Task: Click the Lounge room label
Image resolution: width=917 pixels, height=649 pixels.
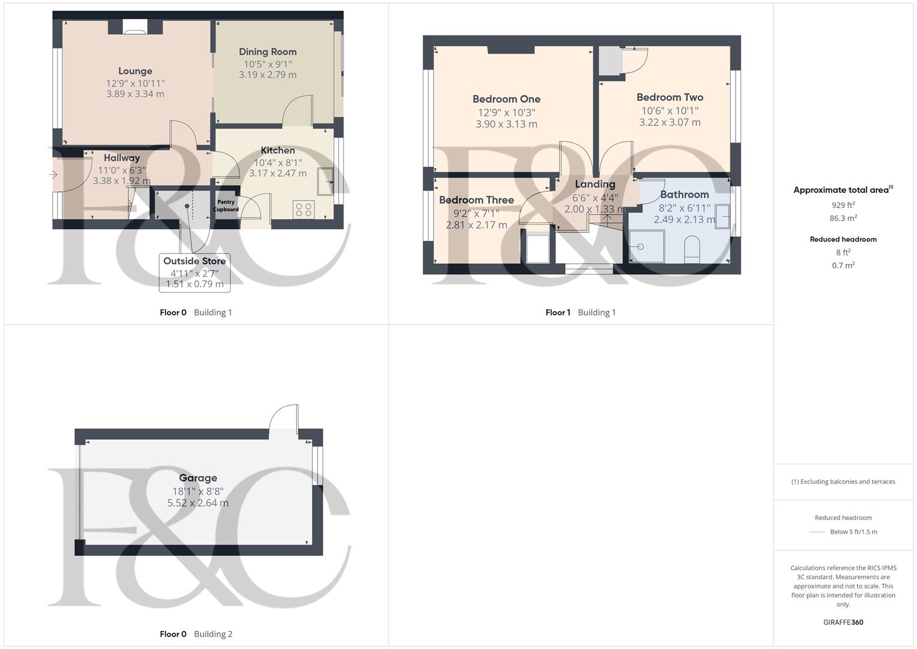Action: point(135,71)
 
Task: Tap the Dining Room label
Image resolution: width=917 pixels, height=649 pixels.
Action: point(267,52)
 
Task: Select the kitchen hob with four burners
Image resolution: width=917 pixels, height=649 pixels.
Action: point(304,209)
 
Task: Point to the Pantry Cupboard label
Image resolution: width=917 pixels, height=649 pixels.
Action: point(226,206)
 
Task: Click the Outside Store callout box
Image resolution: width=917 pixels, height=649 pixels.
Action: point(195,273)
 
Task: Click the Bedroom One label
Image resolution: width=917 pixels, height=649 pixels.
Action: point(506,99)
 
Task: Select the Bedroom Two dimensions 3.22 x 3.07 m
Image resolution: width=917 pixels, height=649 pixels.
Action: point(670,122)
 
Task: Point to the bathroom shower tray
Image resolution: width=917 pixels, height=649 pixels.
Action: point(646,247)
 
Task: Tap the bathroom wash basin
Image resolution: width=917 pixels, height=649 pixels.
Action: point(723,216)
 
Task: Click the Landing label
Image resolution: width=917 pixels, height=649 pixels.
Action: point(595,184)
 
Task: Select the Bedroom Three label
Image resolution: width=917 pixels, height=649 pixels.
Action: point(476,200)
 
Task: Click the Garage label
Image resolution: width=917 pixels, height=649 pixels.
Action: point(198,478)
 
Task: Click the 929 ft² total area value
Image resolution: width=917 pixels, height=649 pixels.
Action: point(843,205)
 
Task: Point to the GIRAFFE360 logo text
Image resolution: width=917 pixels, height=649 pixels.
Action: point(843,622)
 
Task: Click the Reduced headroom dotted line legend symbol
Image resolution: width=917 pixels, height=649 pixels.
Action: point(817,532)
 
